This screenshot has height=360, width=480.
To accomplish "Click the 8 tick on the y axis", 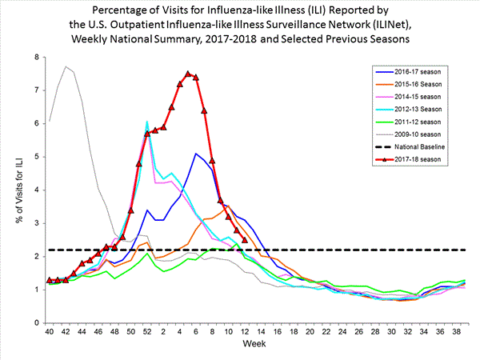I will [36, 58].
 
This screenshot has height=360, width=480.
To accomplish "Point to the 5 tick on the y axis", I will [36, 157].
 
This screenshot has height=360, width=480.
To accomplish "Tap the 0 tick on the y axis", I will [36, 322].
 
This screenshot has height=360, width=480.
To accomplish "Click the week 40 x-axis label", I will [50, 332].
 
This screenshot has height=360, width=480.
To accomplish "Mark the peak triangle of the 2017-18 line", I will [188, 74].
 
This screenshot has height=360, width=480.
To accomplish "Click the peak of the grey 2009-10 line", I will [66, 66].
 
